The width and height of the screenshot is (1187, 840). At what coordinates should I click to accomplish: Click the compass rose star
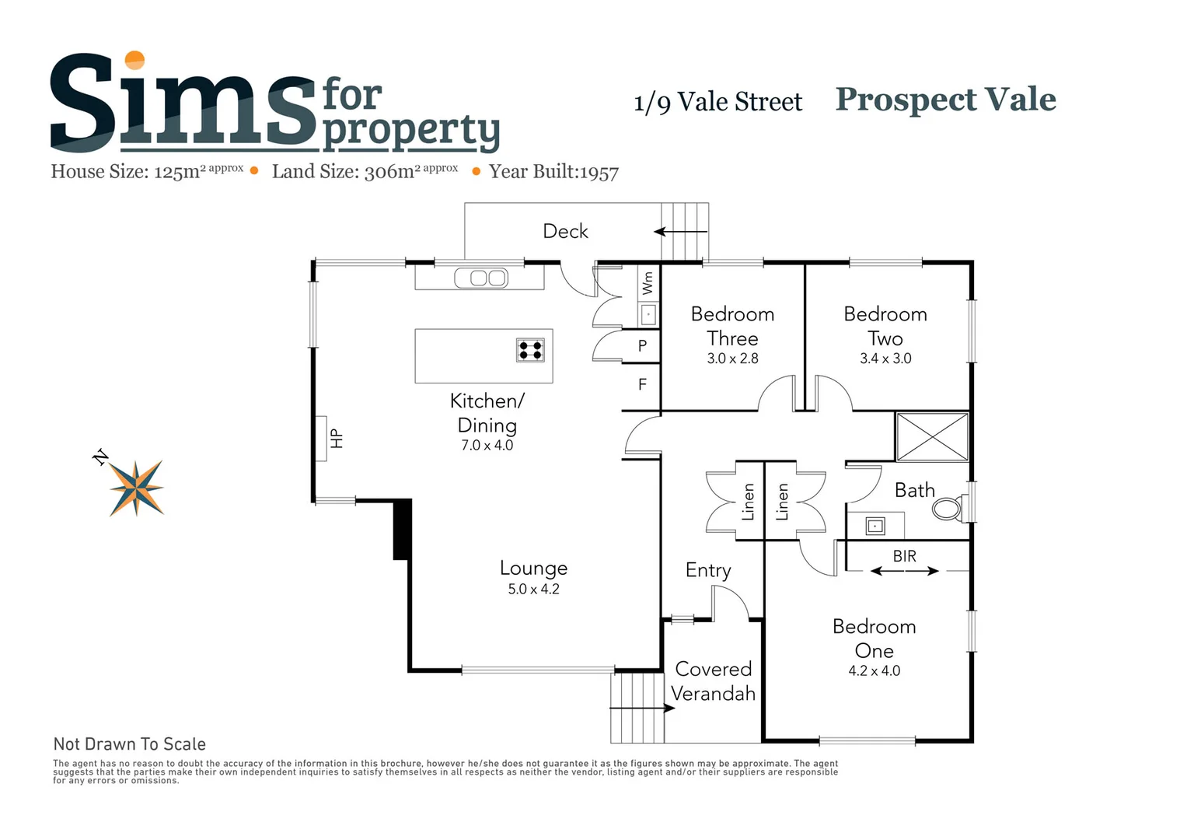137,488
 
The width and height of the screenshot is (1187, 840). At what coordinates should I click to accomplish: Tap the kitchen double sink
480,278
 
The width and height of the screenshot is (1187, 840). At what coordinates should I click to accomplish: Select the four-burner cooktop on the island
530,350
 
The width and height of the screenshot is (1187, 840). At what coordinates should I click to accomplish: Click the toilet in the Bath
948,509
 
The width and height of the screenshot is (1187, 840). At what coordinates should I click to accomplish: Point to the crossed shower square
932,436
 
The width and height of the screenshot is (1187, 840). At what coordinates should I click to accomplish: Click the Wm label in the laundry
648,283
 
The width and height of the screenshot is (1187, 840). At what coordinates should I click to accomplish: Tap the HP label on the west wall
337,439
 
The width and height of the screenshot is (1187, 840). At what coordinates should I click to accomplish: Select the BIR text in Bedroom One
904,556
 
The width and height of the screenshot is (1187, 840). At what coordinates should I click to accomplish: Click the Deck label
565,231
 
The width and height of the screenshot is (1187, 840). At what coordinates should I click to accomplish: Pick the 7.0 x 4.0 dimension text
487,446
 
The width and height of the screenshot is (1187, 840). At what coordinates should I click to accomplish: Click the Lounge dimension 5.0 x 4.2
533,590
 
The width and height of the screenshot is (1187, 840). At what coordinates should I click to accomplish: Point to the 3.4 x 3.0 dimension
885,359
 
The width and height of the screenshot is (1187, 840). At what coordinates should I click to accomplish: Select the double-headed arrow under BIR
904,572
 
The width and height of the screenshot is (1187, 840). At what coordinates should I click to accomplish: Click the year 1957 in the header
599,173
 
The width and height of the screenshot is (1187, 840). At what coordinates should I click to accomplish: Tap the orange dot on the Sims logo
135,60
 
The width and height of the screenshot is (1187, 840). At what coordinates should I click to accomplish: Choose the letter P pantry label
642,346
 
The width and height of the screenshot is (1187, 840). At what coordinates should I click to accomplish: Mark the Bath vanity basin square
875,527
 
